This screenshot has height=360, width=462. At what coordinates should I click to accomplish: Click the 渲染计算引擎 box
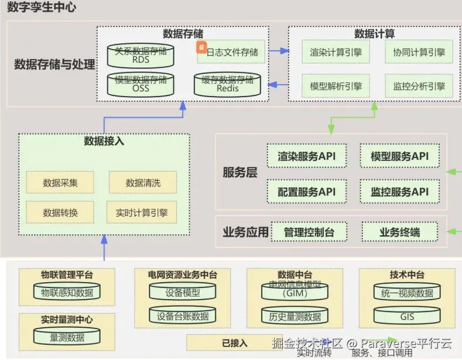point(336,53)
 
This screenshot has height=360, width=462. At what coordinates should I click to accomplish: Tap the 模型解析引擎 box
point(336,87)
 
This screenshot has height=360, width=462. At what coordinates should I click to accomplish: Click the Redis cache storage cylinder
point(227,85)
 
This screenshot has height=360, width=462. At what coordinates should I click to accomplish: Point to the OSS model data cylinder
point(141,84)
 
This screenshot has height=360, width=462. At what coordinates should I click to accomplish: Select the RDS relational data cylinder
point(141,54)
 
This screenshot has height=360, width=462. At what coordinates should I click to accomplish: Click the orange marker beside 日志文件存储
point(201,46)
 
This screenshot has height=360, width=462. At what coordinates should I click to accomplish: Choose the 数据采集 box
point(60,183)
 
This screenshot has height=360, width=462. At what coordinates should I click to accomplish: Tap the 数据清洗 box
point(143,183)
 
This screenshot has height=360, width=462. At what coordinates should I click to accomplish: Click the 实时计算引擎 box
point(142,212)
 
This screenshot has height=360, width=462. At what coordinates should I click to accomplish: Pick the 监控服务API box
point(399,191)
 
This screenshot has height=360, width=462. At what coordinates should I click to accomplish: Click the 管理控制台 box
point(309,232)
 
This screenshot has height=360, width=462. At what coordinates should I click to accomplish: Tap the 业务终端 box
point(399,232)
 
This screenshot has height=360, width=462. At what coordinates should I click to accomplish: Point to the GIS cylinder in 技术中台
point(407,317)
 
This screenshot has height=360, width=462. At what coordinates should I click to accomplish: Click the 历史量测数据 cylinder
point(295,317)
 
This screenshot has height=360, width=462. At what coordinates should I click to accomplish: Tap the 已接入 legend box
point(234,343)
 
